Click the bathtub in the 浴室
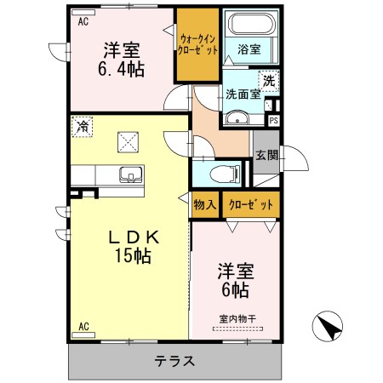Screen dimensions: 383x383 pyautogui.click(x=252, y=24)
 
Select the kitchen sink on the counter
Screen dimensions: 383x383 pyautogui.click(x=130, y=174)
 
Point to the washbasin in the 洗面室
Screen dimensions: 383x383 pyautogui.click(x=237, y=117)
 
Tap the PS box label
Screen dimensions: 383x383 pyautogui.click(x=273, y=121)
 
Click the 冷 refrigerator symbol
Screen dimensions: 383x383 pyautogui.click(x=83, y=127)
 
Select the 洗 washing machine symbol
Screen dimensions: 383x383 pyautogui.click(x=269, y=81)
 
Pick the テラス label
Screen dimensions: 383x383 pyautogui.click(x=174, y=361)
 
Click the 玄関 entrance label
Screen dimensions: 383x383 pyautogui.click(x=266, y=155)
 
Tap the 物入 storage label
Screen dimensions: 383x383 pyautogui.click(x=205, y=204)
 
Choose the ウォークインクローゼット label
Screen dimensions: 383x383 pyautogui.click(x=197, y=44)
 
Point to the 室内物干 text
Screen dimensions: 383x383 pyautogui.click(x=237, y=319)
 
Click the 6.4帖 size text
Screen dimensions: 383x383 pyautogui.click(x=121, y=70)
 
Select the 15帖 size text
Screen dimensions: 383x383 pyautogui.click(x=133, y=256)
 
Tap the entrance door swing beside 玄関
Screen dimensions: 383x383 pyautogui.click(x=294, y=158)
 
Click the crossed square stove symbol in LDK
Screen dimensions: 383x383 pyautogui.click(x=128, y=142)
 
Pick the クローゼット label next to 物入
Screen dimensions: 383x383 pyautogui.click(x=251, y=204)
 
